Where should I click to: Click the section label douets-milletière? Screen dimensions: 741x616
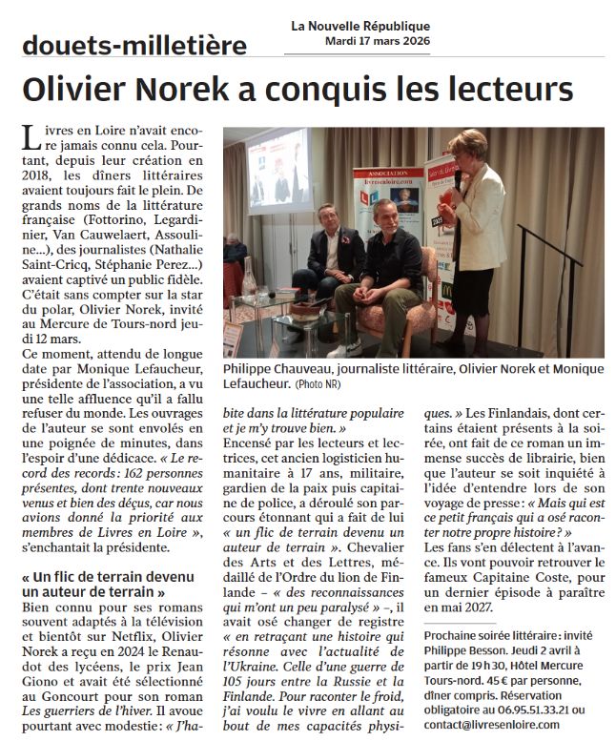click(x=133, y=45)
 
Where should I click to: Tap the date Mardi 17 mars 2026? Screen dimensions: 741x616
click(x=377, y=40)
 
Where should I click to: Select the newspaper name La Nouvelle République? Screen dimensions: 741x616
click(x=360, y=26)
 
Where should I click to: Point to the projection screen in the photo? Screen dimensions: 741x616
click(x=277, y=167)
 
